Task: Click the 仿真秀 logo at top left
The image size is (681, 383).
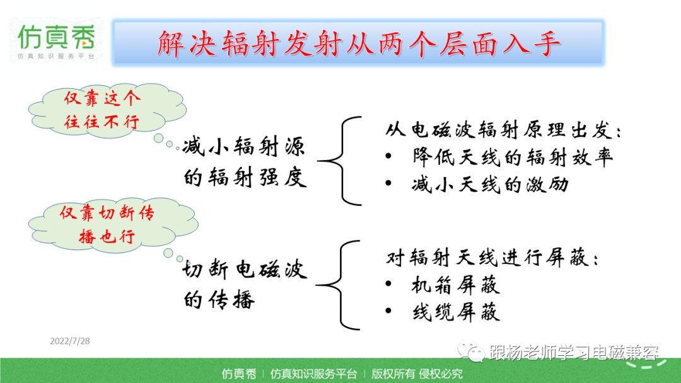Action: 56,40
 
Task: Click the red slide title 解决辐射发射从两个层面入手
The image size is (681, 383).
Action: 359,44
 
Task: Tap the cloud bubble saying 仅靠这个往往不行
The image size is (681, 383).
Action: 107,110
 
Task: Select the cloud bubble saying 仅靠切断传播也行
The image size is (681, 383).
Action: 113,224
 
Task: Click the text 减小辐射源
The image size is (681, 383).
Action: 243,146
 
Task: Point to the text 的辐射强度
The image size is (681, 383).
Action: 245,178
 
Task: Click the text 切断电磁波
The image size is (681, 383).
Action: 245,270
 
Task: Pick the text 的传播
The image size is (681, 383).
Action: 218,300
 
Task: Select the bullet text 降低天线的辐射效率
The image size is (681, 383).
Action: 513,157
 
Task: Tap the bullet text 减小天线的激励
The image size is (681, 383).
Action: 491,185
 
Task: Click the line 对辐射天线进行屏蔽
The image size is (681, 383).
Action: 492,258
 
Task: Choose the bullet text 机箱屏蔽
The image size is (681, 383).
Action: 456,285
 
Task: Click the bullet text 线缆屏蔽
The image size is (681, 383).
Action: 456,312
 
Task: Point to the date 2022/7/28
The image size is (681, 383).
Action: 70,341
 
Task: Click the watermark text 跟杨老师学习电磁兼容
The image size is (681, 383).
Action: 573,352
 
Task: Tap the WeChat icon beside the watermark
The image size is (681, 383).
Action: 470,352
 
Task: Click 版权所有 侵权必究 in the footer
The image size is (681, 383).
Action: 417,374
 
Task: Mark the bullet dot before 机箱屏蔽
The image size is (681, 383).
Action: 388,284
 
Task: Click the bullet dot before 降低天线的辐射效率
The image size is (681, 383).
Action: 388,156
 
